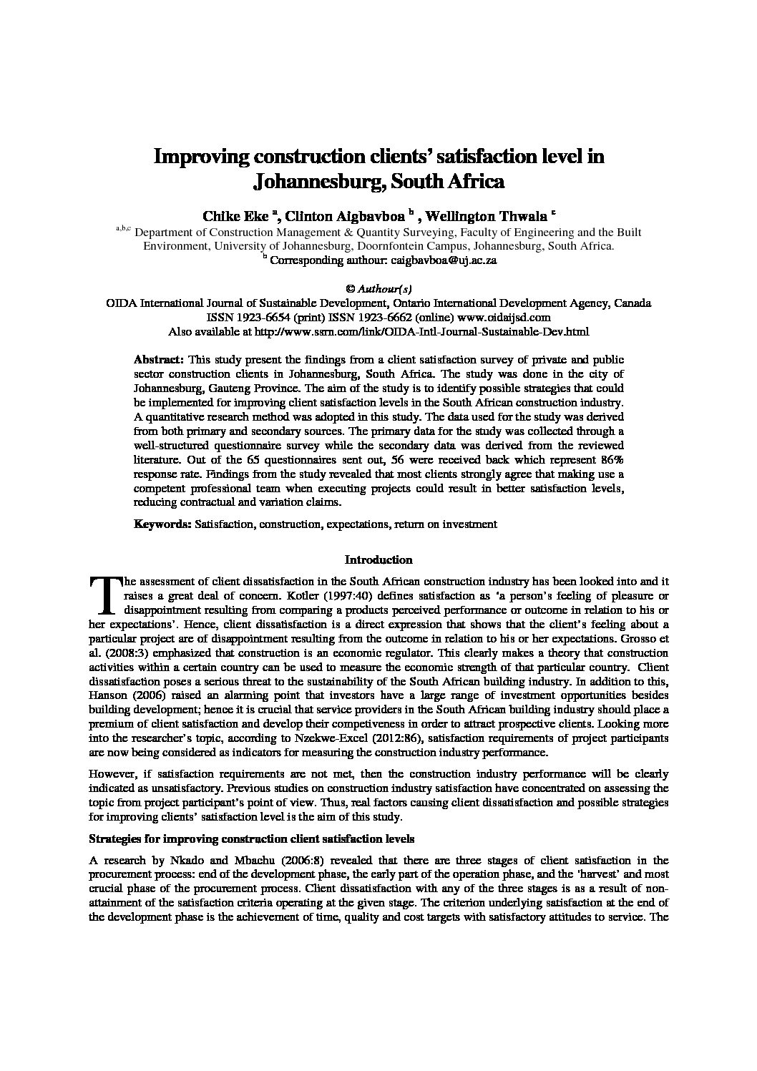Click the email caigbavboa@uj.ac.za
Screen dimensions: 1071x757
[x=448, y=260]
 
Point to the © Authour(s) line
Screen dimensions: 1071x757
[x=378, y=289]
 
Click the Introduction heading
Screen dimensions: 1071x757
[x=378, y=559]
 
